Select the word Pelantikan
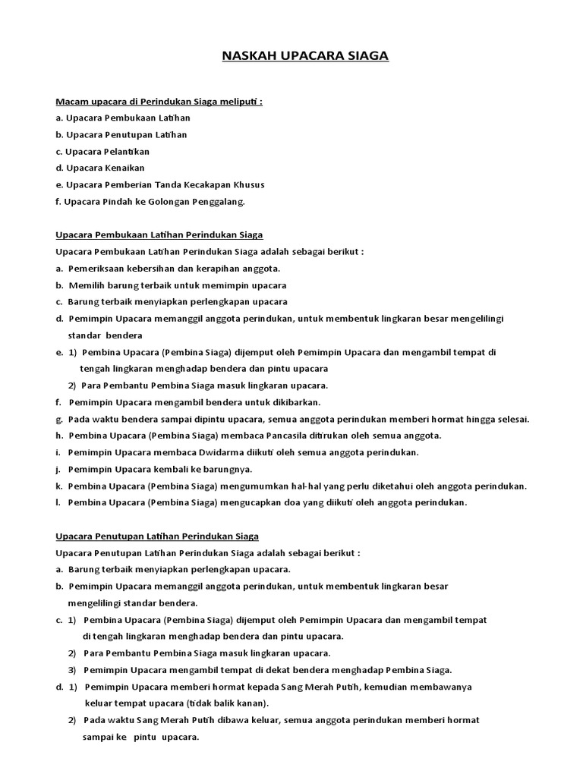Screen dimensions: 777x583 pos(128,151)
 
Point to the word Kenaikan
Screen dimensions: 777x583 pos(125,168)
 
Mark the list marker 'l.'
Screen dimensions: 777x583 pos(58,502)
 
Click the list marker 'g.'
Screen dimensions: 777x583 pos(58,419)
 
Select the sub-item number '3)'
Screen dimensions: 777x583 pos(73,669)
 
